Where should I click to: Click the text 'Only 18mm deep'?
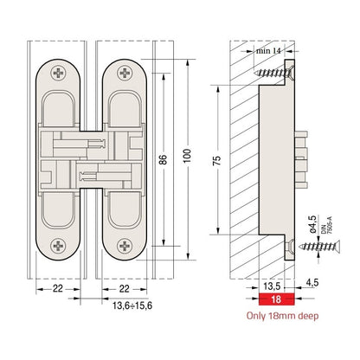point(281,317)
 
